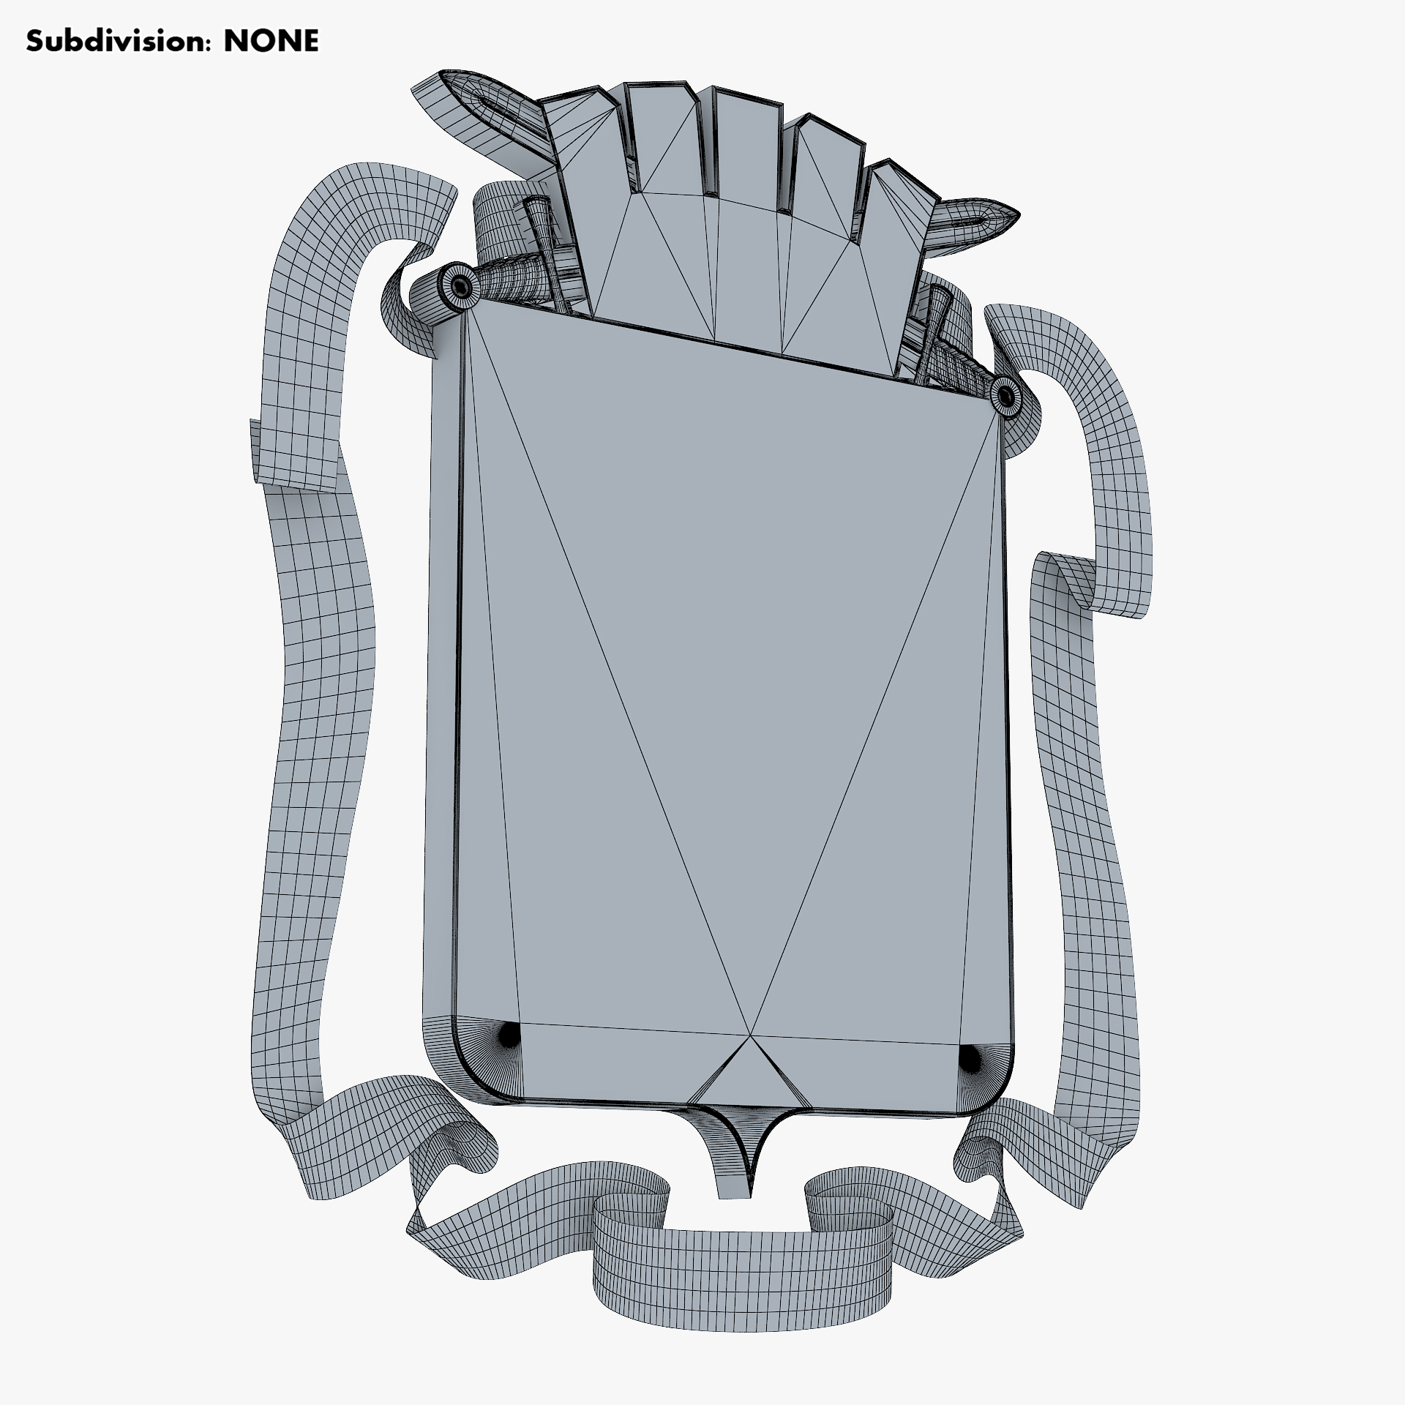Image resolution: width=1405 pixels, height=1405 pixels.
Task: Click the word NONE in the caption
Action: pos(271,41)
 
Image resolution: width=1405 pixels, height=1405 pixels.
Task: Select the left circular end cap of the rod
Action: pos(460,286)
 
